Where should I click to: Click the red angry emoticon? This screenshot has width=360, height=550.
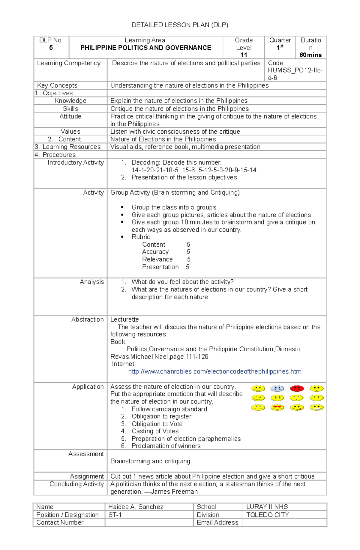pyautogui.click(x=297, y=388)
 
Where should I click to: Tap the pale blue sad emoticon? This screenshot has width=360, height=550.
pyautogui.click(x=277, y=388)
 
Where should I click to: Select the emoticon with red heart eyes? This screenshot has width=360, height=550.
pyautogui.click(x=277, y=408)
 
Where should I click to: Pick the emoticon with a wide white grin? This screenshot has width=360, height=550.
pyautogui.click(x=316, y=408)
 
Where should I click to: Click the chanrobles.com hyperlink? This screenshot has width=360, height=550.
pyautogui.click(x=214, y=372)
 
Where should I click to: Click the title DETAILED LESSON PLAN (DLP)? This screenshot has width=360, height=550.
pyautogui.click(x=180, y=25)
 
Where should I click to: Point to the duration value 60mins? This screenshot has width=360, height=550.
pyautogui.click(x=310, y=55)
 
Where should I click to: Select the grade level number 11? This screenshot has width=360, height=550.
pyautogui.click(x=244, y=55)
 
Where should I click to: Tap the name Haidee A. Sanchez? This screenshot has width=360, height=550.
pyautogui.click(x=136, y=507)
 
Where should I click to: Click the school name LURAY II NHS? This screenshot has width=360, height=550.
pyautogui.click(x=267, y=507)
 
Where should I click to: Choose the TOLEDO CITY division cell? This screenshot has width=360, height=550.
pyautogui.click(x=268, y=515)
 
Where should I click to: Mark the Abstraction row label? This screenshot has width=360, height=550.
pyautogui.click(x=87, y=320)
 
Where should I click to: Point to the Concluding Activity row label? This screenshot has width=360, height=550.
pyautogui.click(x=76, y=484)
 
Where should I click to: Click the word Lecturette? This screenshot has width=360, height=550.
pyautogui.click(x=124, y=320)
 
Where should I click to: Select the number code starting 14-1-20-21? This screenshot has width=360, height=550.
pyautogui.click(x=194, y=170)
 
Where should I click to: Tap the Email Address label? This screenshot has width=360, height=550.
pyautogui.click(x=217, y=523)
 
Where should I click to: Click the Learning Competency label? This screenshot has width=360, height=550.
pyautogui.click(x=69, y=63)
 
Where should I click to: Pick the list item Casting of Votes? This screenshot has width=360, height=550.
pyautogui.click(x=155, y=431)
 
